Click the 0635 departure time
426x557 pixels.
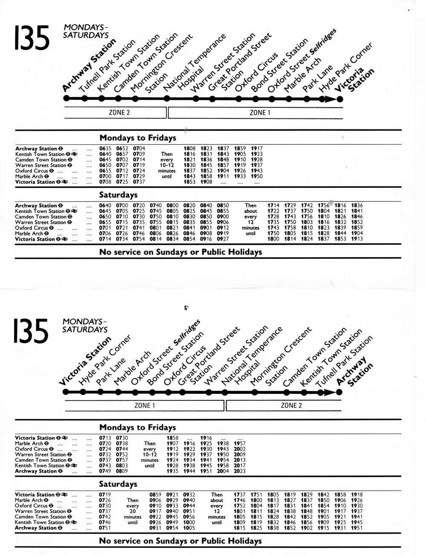coord(105,149)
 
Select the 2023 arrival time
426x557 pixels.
coord(240,471)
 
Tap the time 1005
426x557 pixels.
coord(189,528)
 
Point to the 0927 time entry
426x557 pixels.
coord(223,239)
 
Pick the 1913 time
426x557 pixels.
coord(357,239)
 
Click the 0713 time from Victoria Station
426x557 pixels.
coord(105,438)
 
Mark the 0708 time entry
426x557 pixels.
coord(105,182)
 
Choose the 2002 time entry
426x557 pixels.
coord(240,449)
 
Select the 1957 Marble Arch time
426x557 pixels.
coord(240,443)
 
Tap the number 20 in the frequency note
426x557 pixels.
coord(132,511)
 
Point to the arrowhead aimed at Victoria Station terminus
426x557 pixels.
coord(329,99)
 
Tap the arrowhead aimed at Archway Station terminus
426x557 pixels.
coord(329,392)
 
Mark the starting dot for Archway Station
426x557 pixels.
coord(66,99)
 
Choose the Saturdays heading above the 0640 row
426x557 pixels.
coord(118,195)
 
